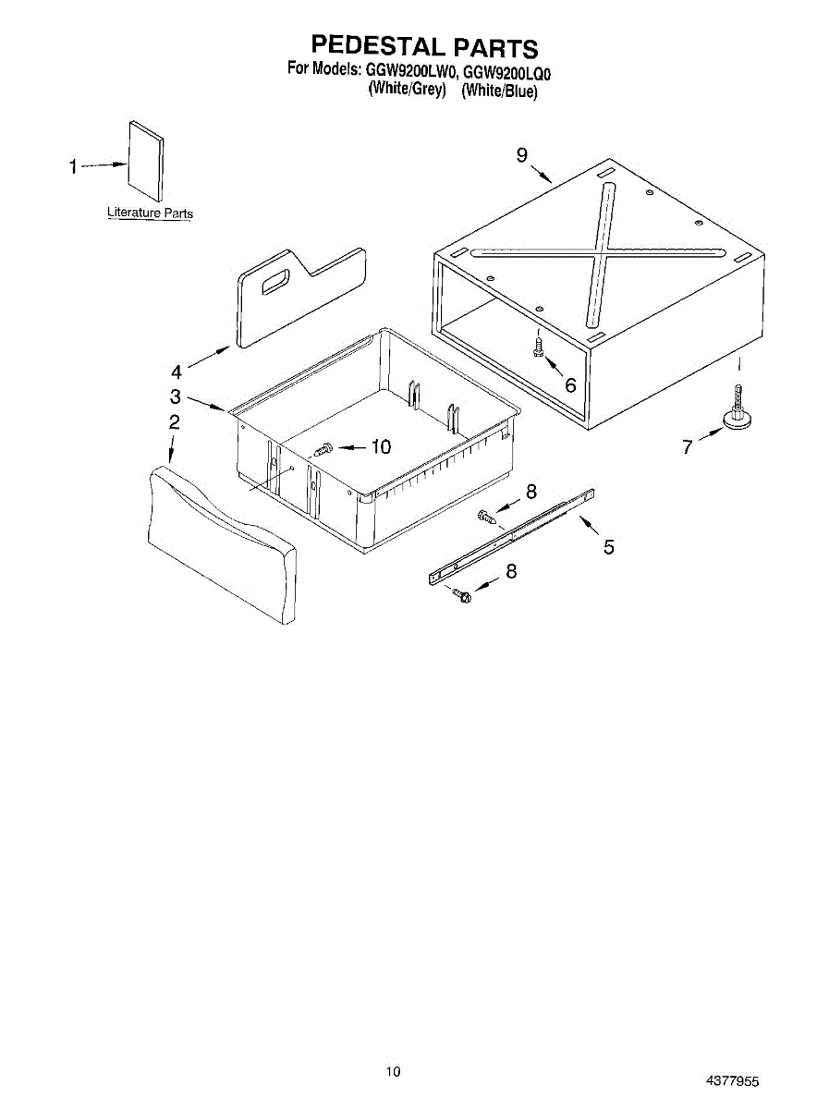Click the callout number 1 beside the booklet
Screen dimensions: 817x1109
tap(73, 167)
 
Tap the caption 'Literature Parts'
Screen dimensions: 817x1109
tap(151, 213)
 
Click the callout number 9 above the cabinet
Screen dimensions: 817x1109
tap(523, 156)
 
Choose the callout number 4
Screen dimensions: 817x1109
tap(177, 372)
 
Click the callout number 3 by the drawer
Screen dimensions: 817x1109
tap(176, 397)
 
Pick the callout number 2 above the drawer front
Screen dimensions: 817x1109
tap(174, 422)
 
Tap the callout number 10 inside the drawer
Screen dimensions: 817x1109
tap(381, 447)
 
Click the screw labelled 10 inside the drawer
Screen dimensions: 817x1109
tap(323, 450)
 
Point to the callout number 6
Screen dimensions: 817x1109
tap(570, 385)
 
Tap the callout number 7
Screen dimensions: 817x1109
tap(687, 447)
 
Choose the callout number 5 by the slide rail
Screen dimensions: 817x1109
tap(608, 547)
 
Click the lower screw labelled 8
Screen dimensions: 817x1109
tap(462, 595)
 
